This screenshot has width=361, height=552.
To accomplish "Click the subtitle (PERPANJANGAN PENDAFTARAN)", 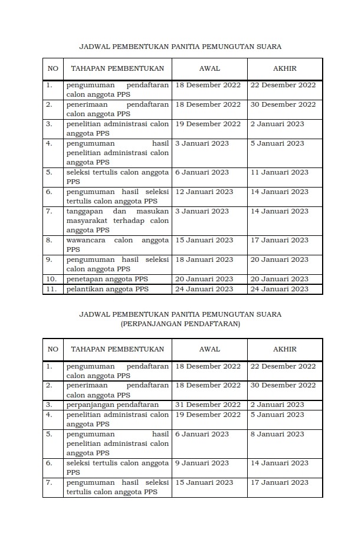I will click(180, 324).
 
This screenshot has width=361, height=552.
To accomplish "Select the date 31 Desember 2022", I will click(208, 405).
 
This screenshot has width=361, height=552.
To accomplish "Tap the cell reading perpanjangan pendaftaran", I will click(112, 405).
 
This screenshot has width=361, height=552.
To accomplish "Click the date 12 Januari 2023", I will click(204, 192).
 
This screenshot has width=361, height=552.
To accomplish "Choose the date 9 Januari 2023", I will click(202, 463).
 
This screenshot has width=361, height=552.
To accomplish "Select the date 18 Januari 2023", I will click(204, 259).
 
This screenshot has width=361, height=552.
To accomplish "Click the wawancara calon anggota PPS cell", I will click(117, 245).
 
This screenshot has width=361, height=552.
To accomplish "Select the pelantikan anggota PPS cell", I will click(107, 289).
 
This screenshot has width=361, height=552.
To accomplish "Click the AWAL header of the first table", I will click(209, 68).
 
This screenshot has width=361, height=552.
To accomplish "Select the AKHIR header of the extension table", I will click(285, 349).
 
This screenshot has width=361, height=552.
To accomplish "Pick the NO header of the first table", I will click(52, 68).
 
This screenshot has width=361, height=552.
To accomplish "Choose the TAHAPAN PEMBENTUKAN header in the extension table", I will click(117, 349).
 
